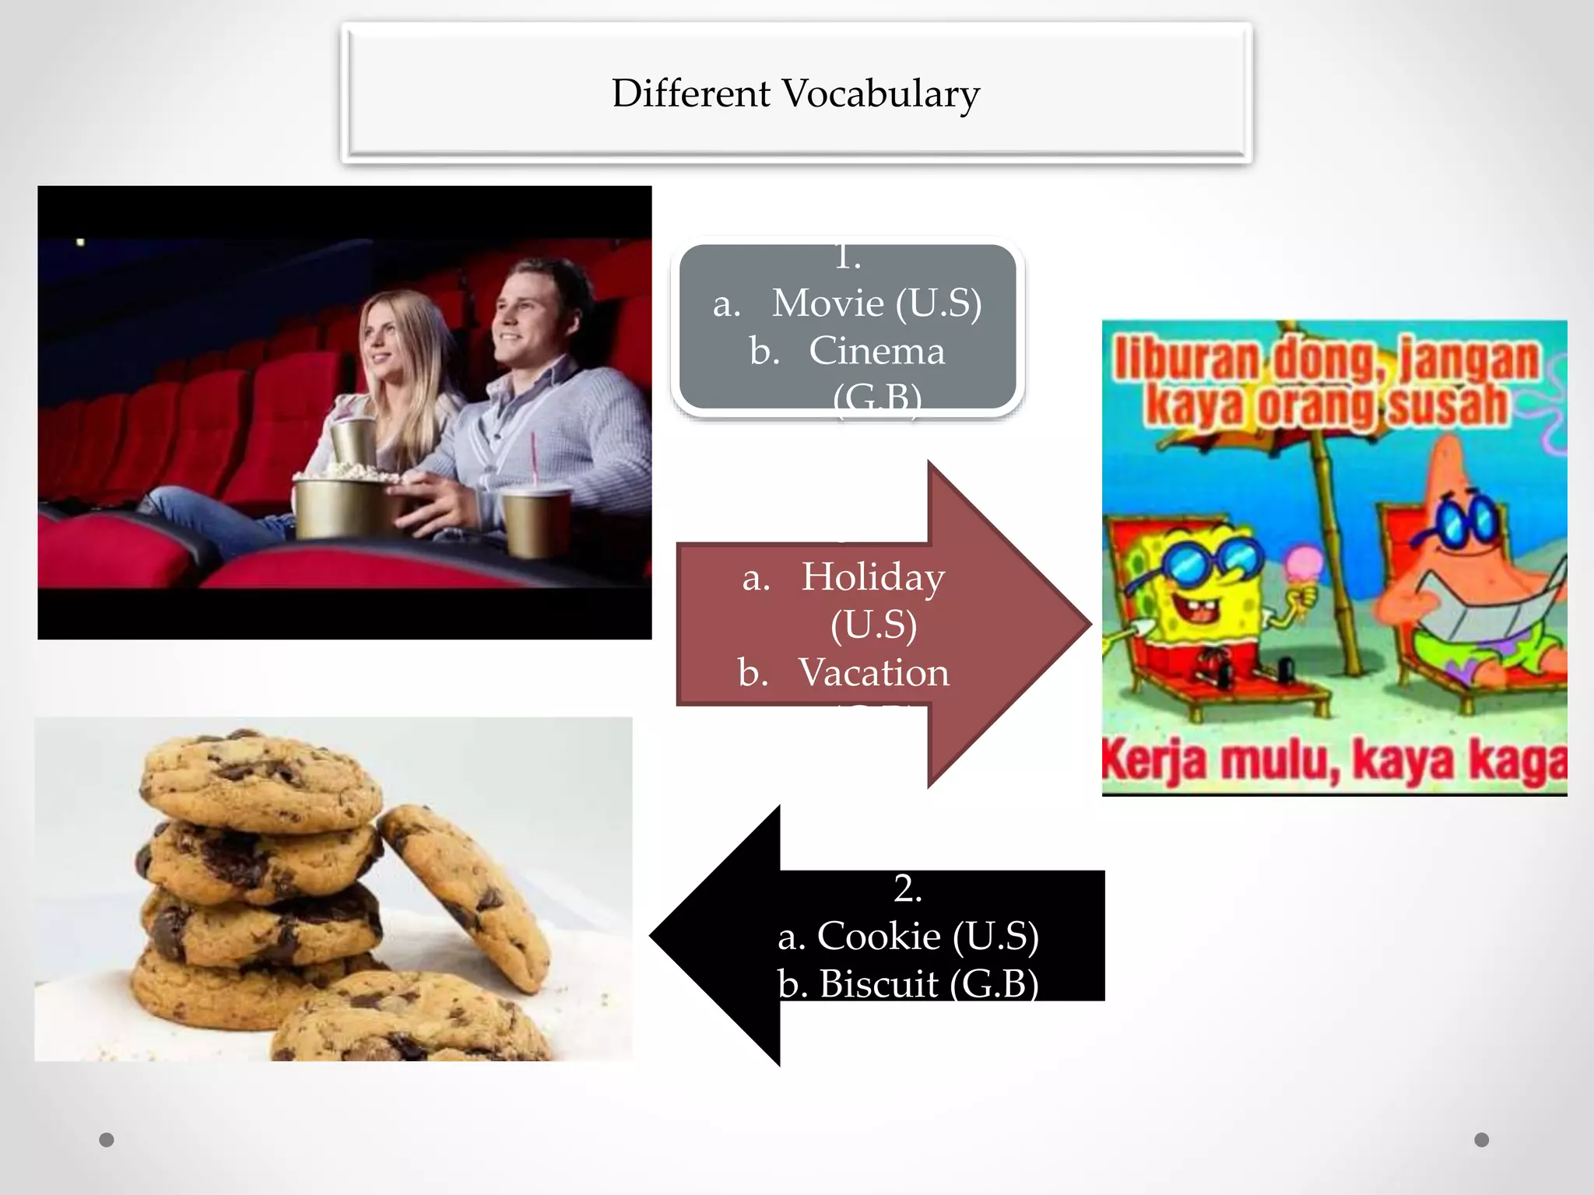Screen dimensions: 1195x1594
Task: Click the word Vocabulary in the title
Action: [880, 94]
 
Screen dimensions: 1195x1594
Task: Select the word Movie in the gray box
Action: [827, 303]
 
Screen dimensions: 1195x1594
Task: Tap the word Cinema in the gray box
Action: [876, 351]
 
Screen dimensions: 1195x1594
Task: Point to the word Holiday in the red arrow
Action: [872, 576]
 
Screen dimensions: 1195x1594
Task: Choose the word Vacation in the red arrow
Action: [873, 672]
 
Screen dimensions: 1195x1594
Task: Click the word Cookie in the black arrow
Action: [879, 936]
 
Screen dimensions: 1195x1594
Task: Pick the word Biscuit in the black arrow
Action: [879, 984]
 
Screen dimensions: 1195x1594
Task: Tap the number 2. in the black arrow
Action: [908, 888]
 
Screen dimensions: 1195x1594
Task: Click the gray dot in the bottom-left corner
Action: [107, 1141]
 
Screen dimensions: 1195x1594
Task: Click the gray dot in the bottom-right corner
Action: [1482, 1140]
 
